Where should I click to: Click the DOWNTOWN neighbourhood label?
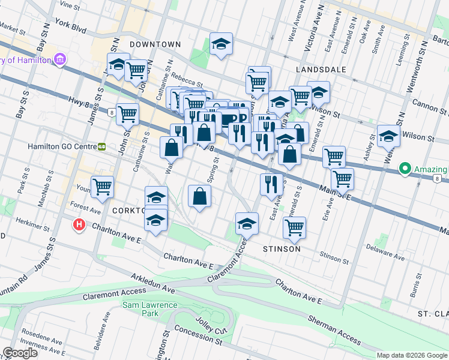coord(155,44)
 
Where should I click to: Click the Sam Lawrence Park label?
coord(150,305)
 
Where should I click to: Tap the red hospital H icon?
coord(78,226)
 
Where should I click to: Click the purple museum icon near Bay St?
coord(59,59)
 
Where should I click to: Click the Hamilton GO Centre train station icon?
coord(102,146)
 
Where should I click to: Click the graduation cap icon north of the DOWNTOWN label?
coord(221,44)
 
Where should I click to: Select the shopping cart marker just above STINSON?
coord(294,227)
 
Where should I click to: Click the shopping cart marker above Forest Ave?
coord(103,187)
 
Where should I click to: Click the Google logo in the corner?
coord(20,353)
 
